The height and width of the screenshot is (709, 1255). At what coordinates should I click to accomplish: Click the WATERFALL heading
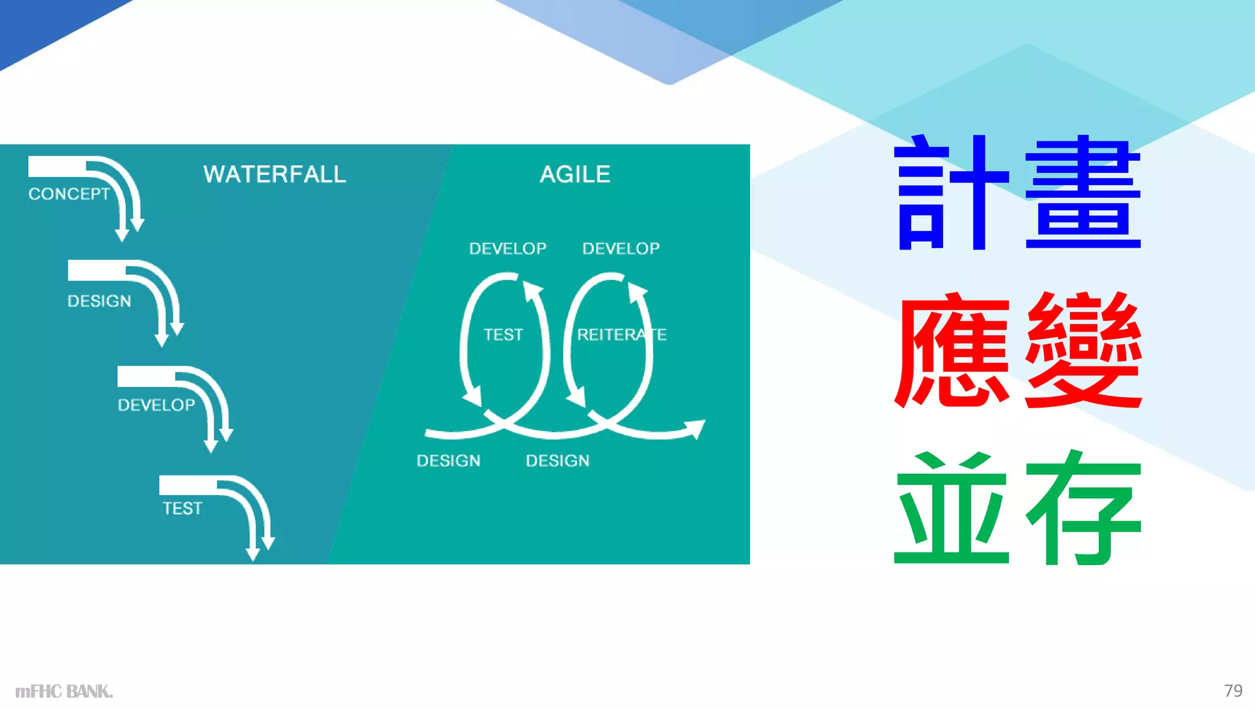[x=275, y=175]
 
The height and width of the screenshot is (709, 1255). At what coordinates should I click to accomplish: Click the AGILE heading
[x=575, y=175]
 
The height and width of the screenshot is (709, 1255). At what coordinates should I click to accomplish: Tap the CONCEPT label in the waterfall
[x=69, y=194]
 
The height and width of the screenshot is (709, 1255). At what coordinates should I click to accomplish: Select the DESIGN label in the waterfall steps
[x=99, y=301]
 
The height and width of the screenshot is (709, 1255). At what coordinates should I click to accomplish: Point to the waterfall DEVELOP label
[x=156, y=405]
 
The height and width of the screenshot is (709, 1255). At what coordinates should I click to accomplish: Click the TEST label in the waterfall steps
[x=182, y=509]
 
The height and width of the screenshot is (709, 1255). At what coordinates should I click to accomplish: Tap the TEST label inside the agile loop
[x=503, y=335]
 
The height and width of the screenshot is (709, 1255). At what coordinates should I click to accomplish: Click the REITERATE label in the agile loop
[x=621, y=335]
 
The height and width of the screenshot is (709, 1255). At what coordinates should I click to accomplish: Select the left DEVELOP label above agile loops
[x=507, y=249]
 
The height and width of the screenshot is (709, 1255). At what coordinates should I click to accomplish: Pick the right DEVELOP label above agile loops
[x=621, y=249]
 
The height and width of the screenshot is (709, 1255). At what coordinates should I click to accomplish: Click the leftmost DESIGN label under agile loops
[x=449, y=461]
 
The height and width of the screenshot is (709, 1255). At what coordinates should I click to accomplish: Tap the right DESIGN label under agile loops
[x=558, y=461]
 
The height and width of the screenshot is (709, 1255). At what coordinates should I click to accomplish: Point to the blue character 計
[x=951, y=193]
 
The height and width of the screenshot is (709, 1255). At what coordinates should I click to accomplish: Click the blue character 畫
[x=1082, y=193]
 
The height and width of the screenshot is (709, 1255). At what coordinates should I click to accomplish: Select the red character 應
[x=951, y=351]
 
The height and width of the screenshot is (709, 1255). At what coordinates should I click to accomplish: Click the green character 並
[x=951, y=509]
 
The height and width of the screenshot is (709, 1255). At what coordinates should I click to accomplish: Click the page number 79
[x=1233, y=691]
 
